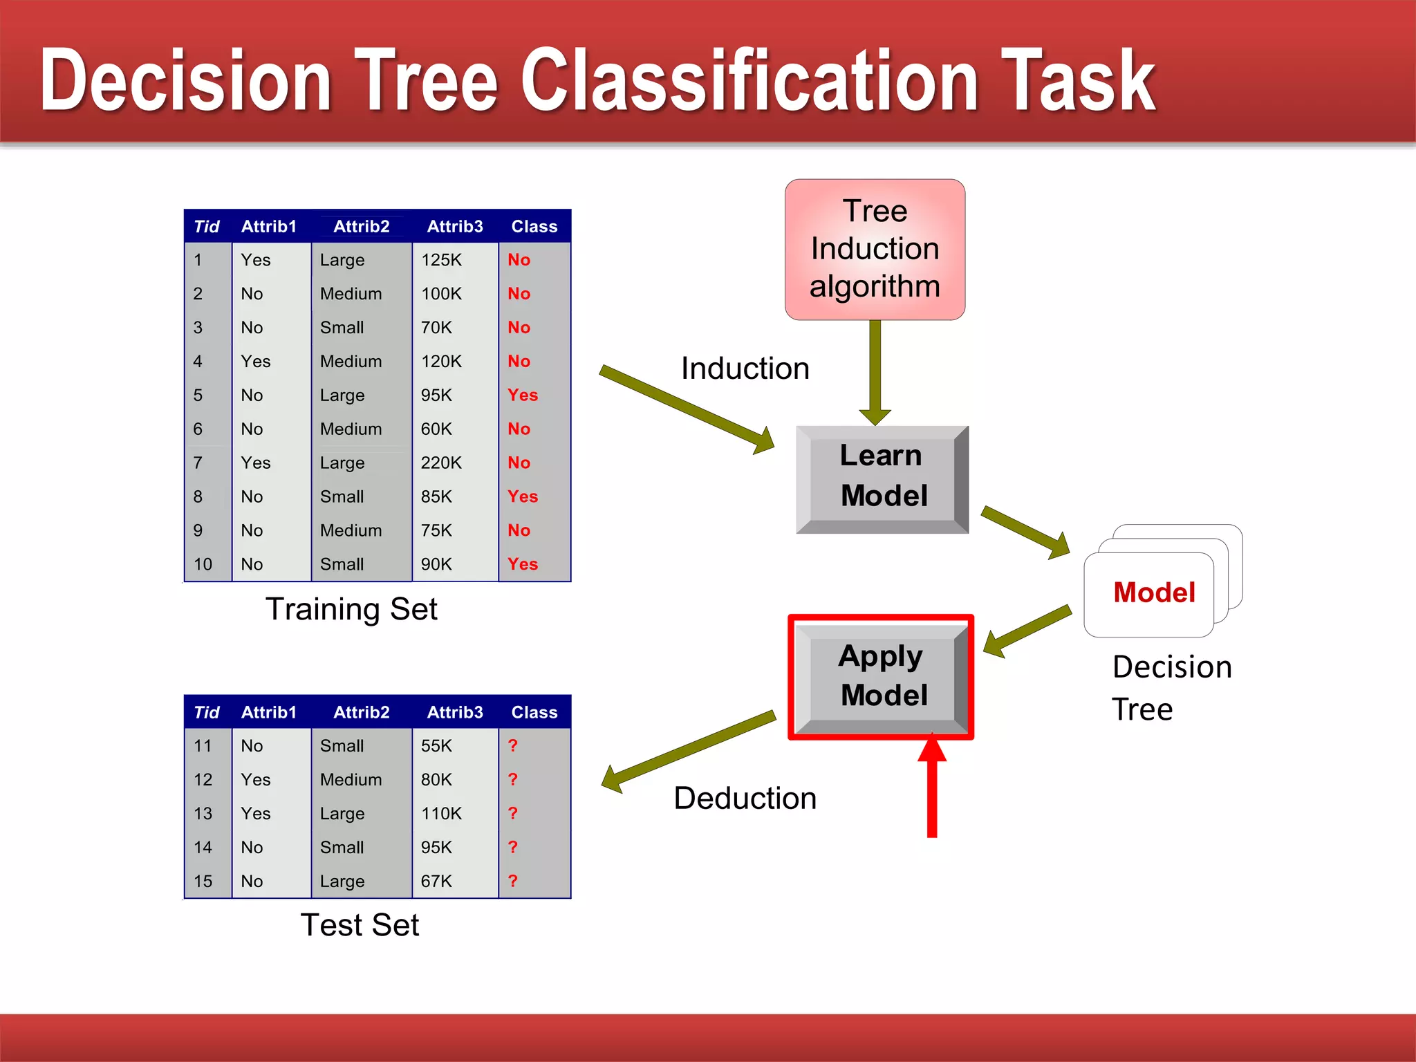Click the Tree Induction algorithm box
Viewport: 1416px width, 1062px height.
pyautogui.click(x=875, y=249)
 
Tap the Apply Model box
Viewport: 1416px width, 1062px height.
pyautogui.click(x=882, y=676)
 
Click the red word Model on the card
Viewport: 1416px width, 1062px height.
pyautogui.click(x=1154, y=593)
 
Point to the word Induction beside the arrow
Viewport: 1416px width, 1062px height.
pyautogui.click(x=745, y=369)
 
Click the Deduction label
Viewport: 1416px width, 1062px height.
pyautogui.click(x=745, y=799)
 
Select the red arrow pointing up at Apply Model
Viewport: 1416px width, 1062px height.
pyautogui.click(x=932, y=788)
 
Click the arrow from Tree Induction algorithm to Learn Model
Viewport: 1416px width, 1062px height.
pyautogui.click(x=875, y=373)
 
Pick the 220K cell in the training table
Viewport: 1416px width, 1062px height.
pyautogui.click(x=441, y=463)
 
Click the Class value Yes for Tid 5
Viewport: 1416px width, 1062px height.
pyautogui.click(x=522, y=395)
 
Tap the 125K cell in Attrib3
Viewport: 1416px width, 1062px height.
pyautogui.click(x=441, y=260)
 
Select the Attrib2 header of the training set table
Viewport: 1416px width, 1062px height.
pyautogui.click(x=361, y=227)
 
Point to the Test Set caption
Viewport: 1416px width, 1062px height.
pyautogui.click(x=360, y=925)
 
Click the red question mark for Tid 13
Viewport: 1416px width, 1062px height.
pyautogui.click(x=512, y=813)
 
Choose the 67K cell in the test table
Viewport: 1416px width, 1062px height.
pyautogui.click(x=436, y=881)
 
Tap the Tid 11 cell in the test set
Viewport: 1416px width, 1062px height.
pyautogui.click(x=203, y=746)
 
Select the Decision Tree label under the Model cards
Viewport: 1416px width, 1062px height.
pyautogui.click(x=1171, y=688)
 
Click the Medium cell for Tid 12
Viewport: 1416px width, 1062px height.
pyautogui.click(x=351, y=780)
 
